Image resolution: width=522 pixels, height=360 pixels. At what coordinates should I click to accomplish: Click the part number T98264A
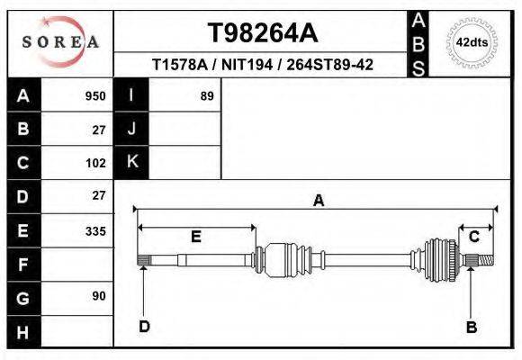coord(262,33)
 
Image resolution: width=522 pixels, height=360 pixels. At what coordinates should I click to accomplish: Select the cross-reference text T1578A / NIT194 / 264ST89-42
coord(262,66)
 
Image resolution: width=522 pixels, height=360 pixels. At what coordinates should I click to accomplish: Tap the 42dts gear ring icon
coord(472,42)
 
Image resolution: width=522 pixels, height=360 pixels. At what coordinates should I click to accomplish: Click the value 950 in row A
coord(94,96)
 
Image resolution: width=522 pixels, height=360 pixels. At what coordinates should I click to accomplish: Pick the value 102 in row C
coord(94,163)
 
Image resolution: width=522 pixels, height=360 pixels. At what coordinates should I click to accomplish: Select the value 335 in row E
coord(94,230)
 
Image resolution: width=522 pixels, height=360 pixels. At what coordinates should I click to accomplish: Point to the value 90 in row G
coord(98,296)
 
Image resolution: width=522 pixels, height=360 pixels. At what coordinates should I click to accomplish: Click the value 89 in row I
coord(206,96)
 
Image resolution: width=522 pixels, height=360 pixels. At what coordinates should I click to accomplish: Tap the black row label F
coord(23,265)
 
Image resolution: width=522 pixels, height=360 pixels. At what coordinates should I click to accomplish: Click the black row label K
coord(131,163)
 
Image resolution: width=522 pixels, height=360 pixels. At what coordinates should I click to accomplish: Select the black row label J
coord(131,130)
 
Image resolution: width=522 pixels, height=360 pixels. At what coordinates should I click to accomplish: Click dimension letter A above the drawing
coord(318,202)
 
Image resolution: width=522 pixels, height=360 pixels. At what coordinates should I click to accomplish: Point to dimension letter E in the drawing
coord(195,237)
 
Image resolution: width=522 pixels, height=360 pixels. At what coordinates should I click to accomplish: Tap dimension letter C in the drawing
coord(473,236)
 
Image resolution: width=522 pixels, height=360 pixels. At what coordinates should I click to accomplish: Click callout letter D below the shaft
coord(144,327)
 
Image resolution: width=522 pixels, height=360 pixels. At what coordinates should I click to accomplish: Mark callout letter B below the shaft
coord(470,327)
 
